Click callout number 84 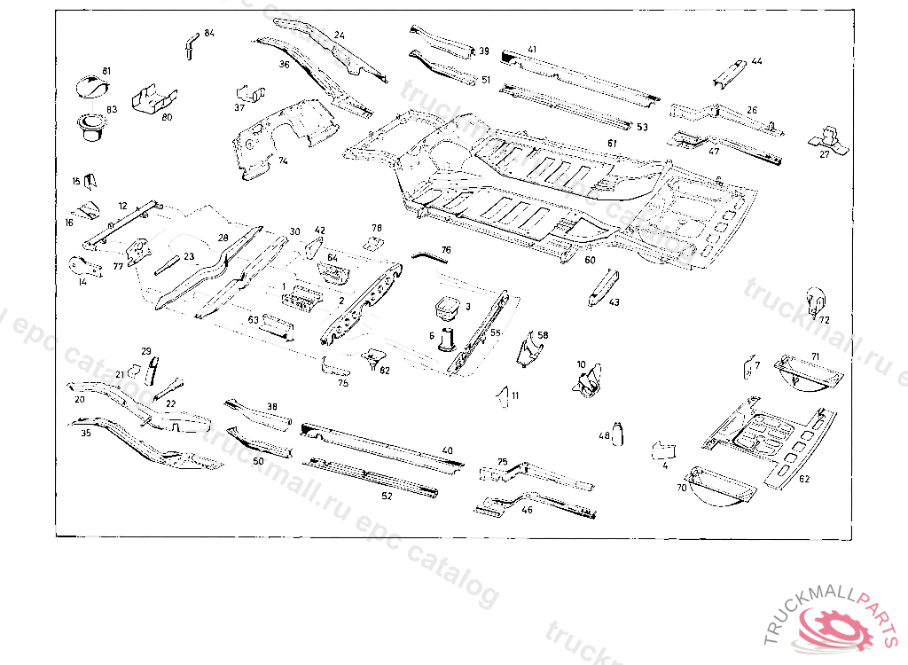(209, 33)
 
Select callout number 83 (112, 109)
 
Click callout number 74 (283, 161)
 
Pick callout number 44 (756, 61)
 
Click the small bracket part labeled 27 (828, 137)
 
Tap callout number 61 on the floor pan (612, 142)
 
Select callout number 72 (825, 320)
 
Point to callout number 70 (682, 488)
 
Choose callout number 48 (605, 435)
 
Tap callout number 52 (387, 496)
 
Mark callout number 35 (86, 434)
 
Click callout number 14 (82, 282)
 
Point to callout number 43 (614, 302)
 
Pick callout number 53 (642, 127)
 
